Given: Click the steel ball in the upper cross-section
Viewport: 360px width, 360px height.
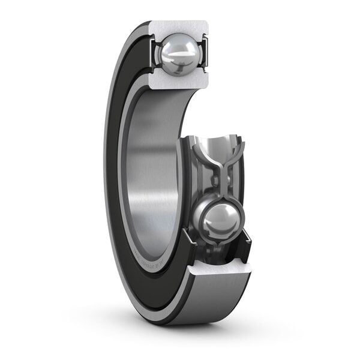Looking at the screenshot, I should click(x=178, y=54).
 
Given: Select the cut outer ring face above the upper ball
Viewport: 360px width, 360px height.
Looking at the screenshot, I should click(x=179, y=28).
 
